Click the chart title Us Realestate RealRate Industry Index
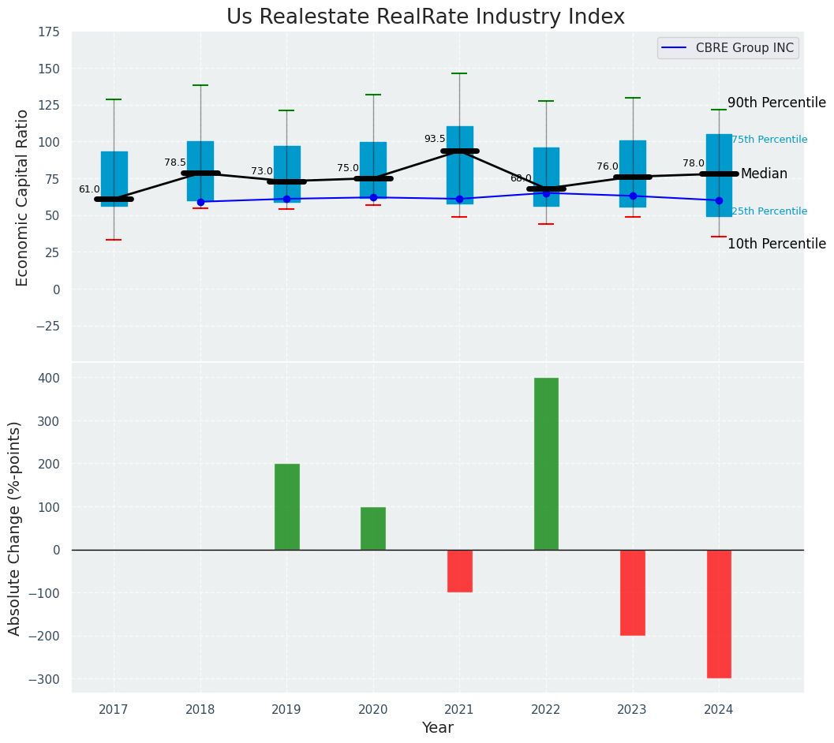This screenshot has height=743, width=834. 425,17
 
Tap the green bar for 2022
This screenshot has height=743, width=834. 546,464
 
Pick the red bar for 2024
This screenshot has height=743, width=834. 719,614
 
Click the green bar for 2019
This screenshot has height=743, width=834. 286,506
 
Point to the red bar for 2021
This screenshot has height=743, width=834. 459,570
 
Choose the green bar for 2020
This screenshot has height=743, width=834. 373,528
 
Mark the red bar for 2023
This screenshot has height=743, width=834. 633,592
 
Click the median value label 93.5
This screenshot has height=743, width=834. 435,139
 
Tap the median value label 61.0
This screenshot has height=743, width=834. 89,189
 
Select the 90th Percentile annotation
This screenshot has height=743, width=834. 776,103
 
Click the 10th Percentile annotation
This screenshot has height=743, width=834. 776,245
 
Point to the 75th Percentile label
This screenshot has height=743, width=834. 769,140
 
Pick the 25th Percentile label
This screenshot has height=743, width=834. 769,211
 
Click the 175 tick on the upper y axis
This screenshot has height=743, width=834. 48,32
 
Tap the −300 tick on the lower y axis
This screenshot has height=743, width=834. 44,679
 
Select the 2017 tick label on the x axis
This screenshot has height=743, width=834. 114,710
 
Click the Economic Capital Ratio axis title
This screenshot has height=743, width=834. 23,197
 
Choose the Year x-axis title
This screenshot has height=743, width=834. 437,728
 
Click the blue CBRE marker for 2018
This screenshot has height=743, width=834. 200,202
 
